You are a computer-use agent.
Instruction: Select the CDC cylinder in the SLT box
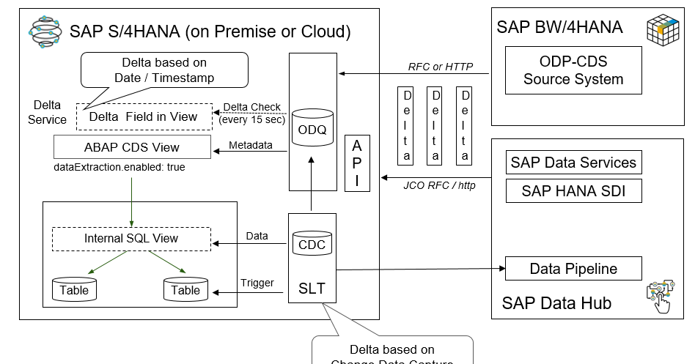click(x=312, y=243)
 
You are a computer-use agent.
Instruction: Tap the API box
click(x=357, y=163)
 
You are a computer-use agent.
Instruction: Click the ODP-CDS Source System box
click(x=573, y=70)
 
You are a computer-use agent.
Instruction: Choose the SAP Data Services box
click(x=573, y=163)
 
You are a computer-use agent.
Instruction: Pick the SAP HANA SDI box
click(x=573, y=191)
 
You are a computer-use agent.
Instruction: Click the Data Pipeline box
click(x=573, y=269)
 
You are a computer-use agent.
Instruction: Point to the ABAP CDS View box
click(x=132, y=147)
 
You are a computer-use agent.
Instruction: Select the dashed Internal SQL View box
click(x=131, y=239)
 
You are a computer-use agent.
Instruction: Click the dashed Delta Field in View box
click(x=143, y=116)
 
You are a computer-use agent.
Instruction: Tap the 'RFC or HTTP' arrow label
click(x=440, y=67)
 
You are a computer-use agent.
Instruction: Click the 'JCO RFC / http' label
click(x=439, y=185)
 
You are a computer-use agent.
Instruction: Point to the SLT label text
click(x=312, y=289)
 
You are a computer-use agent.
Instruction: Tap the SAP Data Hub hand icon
click(x=661, y=297)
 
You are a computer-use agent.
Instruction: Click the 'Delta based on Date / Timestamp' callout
click(x=163, y=70)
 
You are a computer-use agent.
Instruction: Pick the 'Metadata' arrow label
click(x=251, y=145)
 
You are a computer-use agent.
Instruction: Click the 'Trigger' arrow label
click(x=257, y=283)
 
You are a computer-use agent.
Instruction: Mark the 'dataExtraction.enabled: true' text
click(x=119, y=167)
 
